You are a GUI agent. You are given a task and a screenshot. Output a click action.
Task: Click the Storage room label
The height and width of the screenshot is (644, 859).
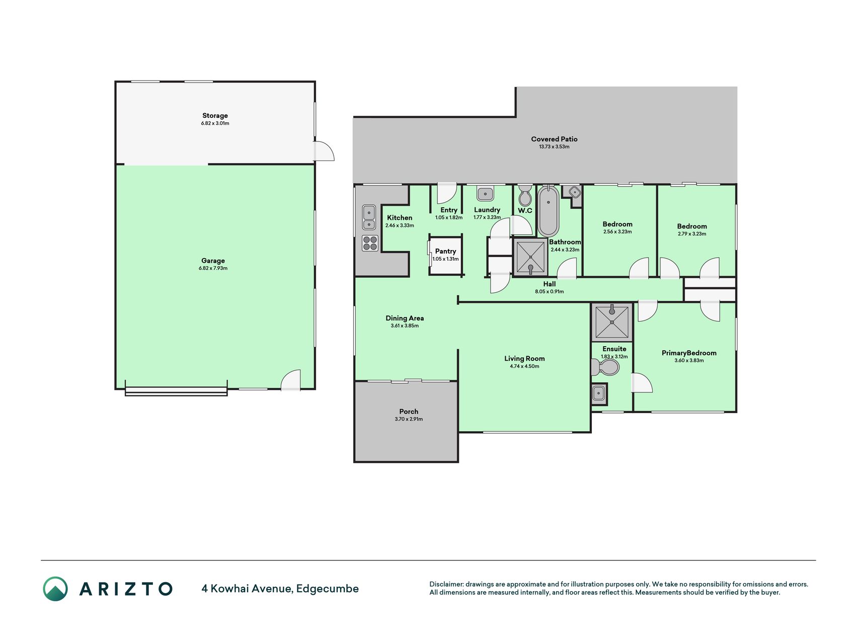215,116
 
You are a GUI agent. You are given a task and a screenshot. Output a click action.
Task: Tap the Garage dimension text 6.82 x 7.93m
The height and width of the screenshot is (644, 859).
213,268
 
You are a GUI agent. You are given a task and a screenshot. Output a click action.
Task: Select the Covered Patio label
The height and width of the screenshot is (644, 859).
554,139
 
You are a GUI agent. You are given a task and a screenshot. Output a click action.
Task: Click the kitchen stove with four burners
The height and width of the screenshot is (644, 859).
370,244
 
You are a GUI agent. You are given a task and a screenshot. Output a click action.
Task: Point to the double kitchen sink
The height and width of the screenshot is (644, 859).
369,217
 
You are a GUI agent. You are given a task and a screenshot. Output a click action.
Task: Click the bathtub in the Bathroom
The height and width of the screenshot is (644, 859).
548,211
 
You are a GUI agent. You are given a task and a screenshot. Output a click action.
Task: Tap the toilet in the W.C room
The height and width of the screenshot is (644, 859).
525,195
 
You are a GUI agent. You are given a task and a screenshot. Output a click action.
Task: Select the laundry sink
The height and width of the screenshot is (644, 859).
485,193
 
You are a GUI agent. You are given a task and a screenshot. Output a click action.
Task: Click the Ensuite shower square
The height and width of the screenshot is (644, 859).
611,322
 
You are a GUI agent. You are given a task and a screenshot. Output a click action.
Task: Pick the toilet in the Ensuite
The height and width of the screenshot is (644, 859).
605,367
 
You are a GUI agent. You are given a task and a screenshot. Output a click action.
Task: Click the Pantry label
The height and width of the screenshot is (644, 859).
445,251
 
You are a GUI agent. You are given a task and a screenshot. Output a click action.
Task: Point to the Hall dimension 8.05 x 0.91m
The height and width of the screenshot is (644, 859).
549,292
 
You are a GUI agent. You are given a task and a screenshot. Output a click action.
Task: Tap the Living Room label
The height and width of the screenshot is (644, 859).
524,359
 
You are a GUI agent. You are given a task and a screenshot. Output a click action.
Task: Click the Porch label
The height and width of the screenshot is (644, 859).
409,412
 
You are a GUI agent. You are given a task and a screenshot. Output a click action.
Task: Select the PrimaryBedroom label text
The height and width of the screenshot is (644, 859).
689,353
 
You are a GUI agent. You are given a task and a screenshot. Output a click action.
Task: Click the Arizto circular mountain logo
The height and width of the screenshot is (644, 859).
55,589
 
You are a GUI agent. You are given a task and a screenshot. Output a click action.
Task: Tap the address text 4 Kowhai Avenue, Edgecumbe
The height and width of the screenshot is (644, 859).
280,589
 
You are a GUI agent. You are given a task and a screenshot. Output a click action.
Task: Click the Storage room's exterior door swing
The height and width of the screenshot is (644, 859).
324,151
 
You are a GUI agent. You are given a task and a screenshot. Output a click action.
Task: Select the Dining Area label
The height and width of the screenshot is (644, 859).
405,318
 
